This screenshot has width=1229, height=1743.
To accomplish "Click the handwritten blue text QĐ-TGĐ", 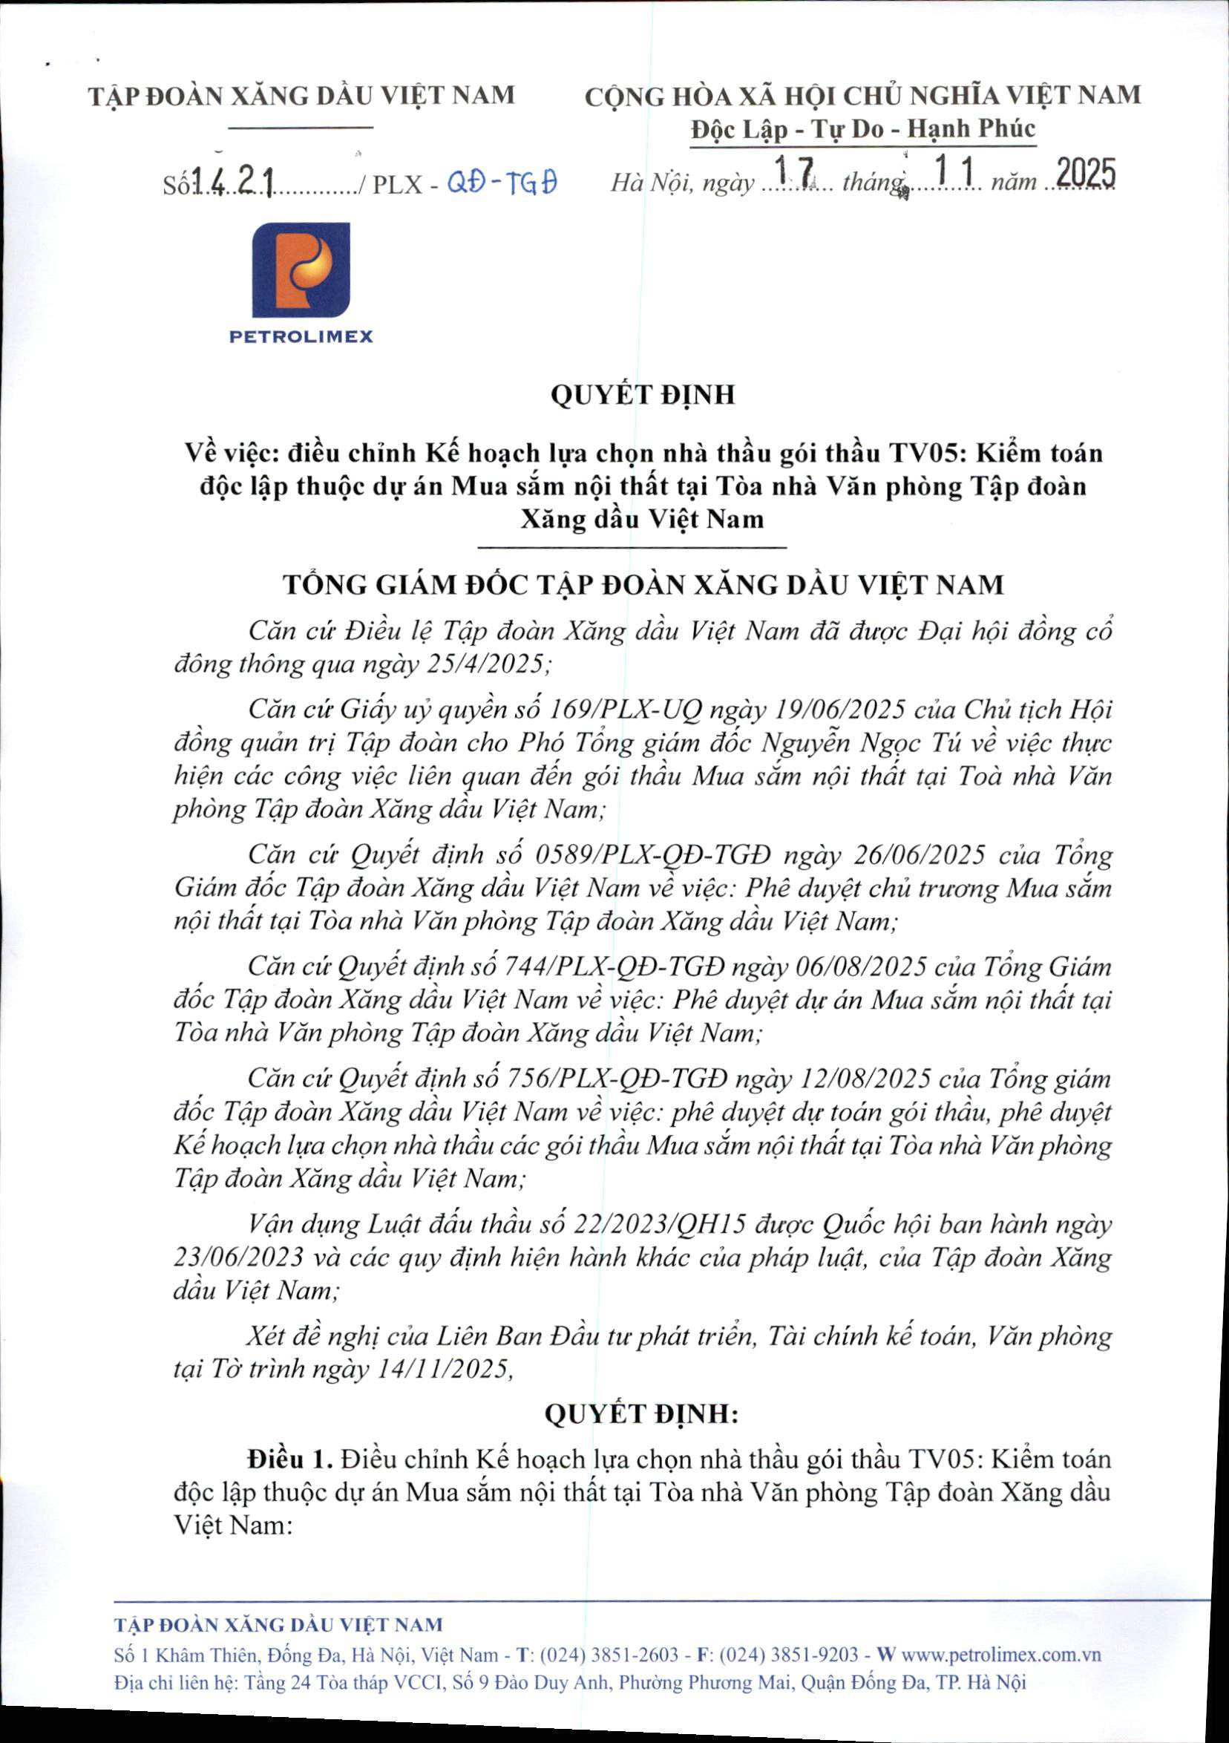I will [502, 182].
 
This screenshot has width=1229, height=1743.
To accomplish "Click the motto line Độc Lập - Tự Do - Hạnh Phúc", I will [862, 129].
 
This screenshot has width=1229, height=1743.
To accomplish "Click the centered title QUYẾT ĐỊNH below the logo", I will [642, 395].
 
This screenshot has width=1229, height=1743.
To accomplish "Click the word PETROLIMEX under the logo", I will [301, 336].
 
